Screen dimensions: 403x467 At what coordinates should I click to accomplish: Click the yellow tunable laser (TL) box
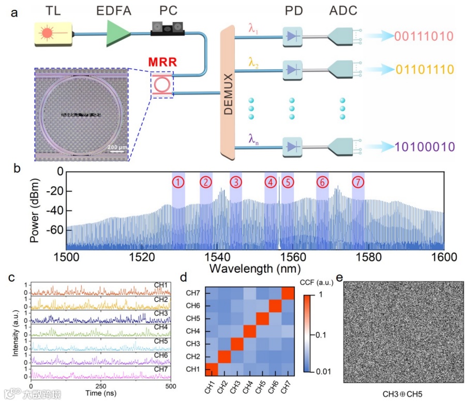(x=54, y=33)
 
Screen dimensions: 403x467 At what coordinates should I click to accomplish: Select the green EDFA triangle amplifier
(x=118, y=33)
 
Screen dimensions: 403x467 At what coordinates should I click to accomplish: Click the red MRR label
(x=162, y=63)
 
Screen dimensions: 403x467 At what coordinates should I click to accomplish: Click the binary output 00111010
(x=424, y=36)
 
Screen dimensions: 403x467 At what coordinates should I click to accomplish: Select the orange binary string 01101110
(x=424, y=69)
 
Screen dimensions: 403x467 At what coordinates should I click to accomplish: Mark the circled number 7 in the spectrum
(x=358, y=182)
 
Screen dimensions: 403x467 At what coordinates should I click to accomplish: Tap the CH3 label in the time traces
(x=161, y=313)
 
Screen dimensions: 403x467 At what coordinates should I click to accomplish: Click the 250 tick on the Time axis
(x=101, y=386)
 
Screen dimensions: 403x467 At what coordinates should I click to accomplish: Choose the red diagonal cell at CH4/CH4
(x=249, y=331)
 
